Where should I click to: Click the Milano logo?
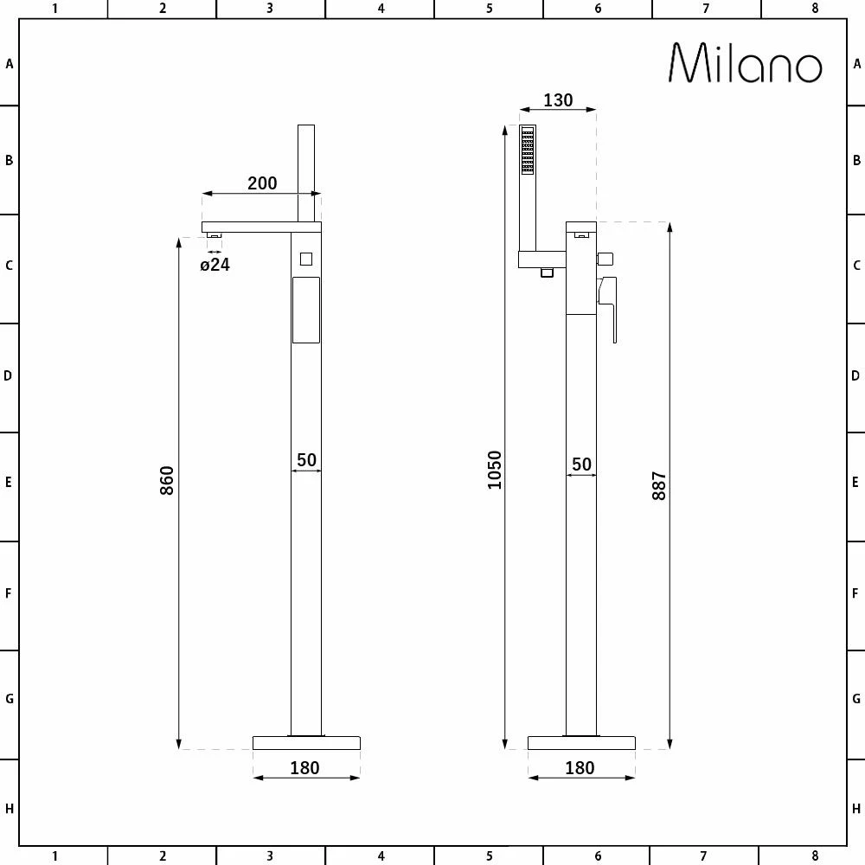click(x=746, y=63)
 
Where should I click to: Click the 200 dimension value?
click(x=262, y=183)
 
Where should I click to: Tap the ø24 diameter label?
click(x=215, y=265)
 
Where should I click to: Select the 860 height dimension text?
click(x=167, y=480)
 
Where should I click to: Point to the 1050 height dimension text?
click(x=494, y=470)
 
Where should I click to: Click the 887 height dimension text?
click(x=658, y=486)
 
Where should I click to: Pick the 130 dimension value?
click(x=558, y=100)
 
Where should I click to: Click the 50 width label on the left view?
click(x=307, y=460)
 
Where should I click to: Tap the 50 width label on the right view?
click(x=581, y=465)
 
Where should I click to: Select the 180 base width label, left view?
click(x=304, y=768)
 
